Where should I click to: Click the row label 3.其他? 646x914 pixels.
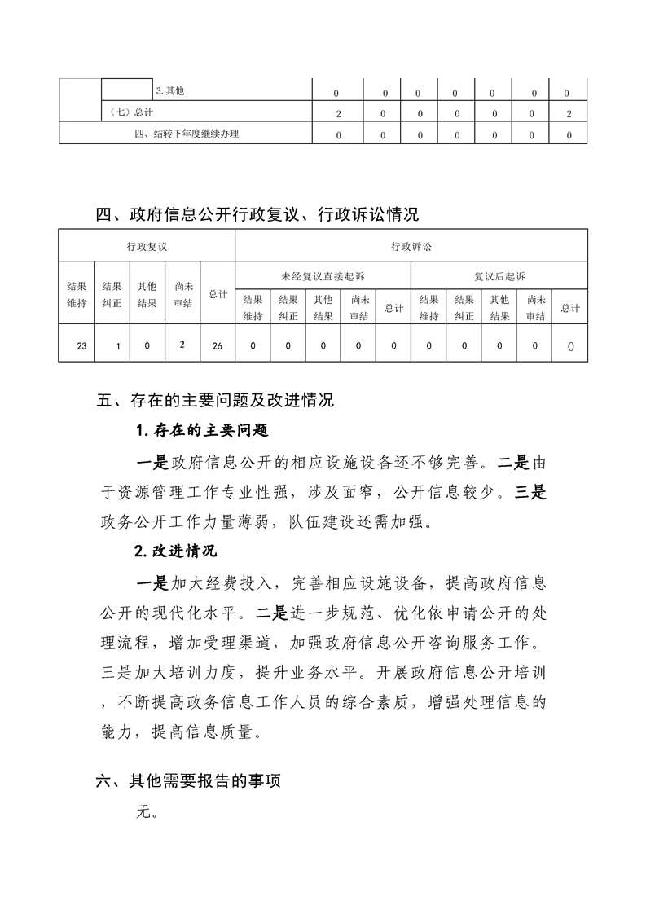[169, 91]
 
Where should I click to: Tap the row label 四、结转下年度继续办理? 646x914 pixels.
[187, 134]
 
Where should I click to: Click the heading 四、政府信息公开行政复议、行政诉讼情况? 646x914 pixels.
[257, 215]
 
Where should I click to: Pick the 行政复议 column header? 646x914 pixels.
[147, 245]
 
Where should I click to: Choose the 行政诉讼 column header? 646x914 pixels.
[411, 245]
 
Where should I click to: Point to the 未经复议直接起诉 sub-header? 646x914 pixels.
[323, 276]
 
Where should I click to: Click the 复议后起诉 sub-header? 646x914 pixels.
[499, 276]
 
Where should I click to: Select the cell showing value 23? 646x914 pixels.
[81, 346]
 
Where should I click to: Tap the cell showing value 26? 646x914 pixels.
[217, 346]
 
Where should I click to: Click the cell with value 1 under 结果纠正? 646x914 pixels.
[117, 346]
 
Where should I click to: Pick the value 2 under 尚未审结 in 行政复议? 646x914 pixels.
[182, 344]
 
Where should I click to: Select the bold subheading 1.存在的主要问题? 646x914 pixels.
[201, 430]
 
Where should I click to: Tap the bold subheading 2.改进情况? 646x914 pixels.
[175, 551]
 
